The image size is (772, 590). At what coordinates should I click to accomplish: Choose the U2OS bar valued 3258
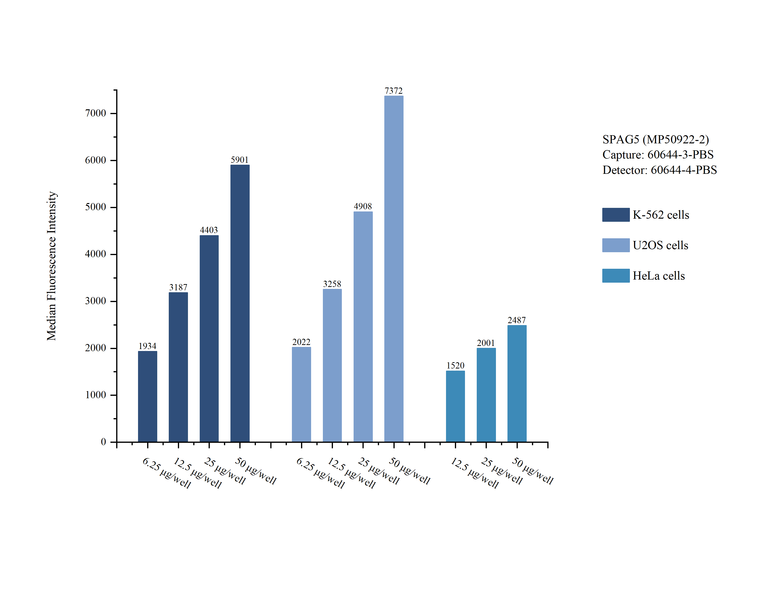click(x=332, y=365)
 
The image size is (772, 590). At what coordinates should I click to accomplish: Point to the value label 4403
click(x=209, y=230)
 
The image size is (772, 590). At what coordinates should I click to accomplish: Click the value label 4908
click(x=363, y=206)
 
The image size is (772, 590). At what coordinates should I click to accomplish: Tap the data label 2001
click(x=486, y=343)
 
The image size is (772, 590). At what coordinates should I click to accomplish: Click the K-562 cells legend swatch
click(x=615, y=215)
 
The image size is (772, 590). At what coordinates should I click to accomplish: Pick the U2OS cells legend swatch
click(x=615, y=245)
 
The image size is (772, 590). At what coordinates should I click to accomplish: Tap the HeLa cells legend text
click(x=658, y=276)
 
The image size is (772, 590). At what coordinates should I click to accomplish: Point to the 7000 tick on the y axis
click(x=95, y=113)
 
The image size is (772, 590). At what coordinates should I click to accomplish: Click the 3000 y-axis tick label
click(x=95, y=301)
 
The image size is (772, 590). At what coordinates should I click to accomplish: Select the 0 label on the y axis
click(x=103, y=442)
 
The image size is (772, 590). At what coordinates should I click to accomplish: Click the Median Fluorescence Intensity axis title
click(x=52, y=266)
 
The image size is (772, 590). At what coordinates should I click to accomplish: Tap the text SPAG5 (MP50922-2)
click(x=655, y=140)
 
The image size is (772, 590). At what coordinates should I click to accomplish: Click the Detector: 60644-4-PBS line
click(x=659, y=170)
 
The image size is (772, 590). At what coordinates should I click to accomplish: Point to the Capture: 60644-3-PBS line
click(x=658, y=155)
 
